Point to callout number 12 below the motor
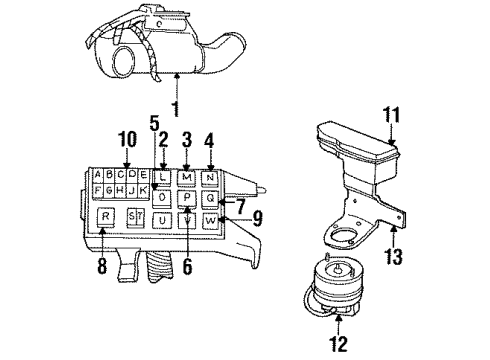(x=341, y=345)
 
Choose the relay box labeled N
(x=211, y=177)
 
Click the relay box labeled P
(x=187, y=197)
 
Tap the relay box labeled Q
(x=211, y=198)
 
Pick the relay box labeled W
(x=211, y=219)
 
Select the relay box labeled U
(x=163, y=220)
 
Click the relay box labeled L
(x=163, y=176)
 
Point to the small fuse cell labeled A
(x=96, y=173)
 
